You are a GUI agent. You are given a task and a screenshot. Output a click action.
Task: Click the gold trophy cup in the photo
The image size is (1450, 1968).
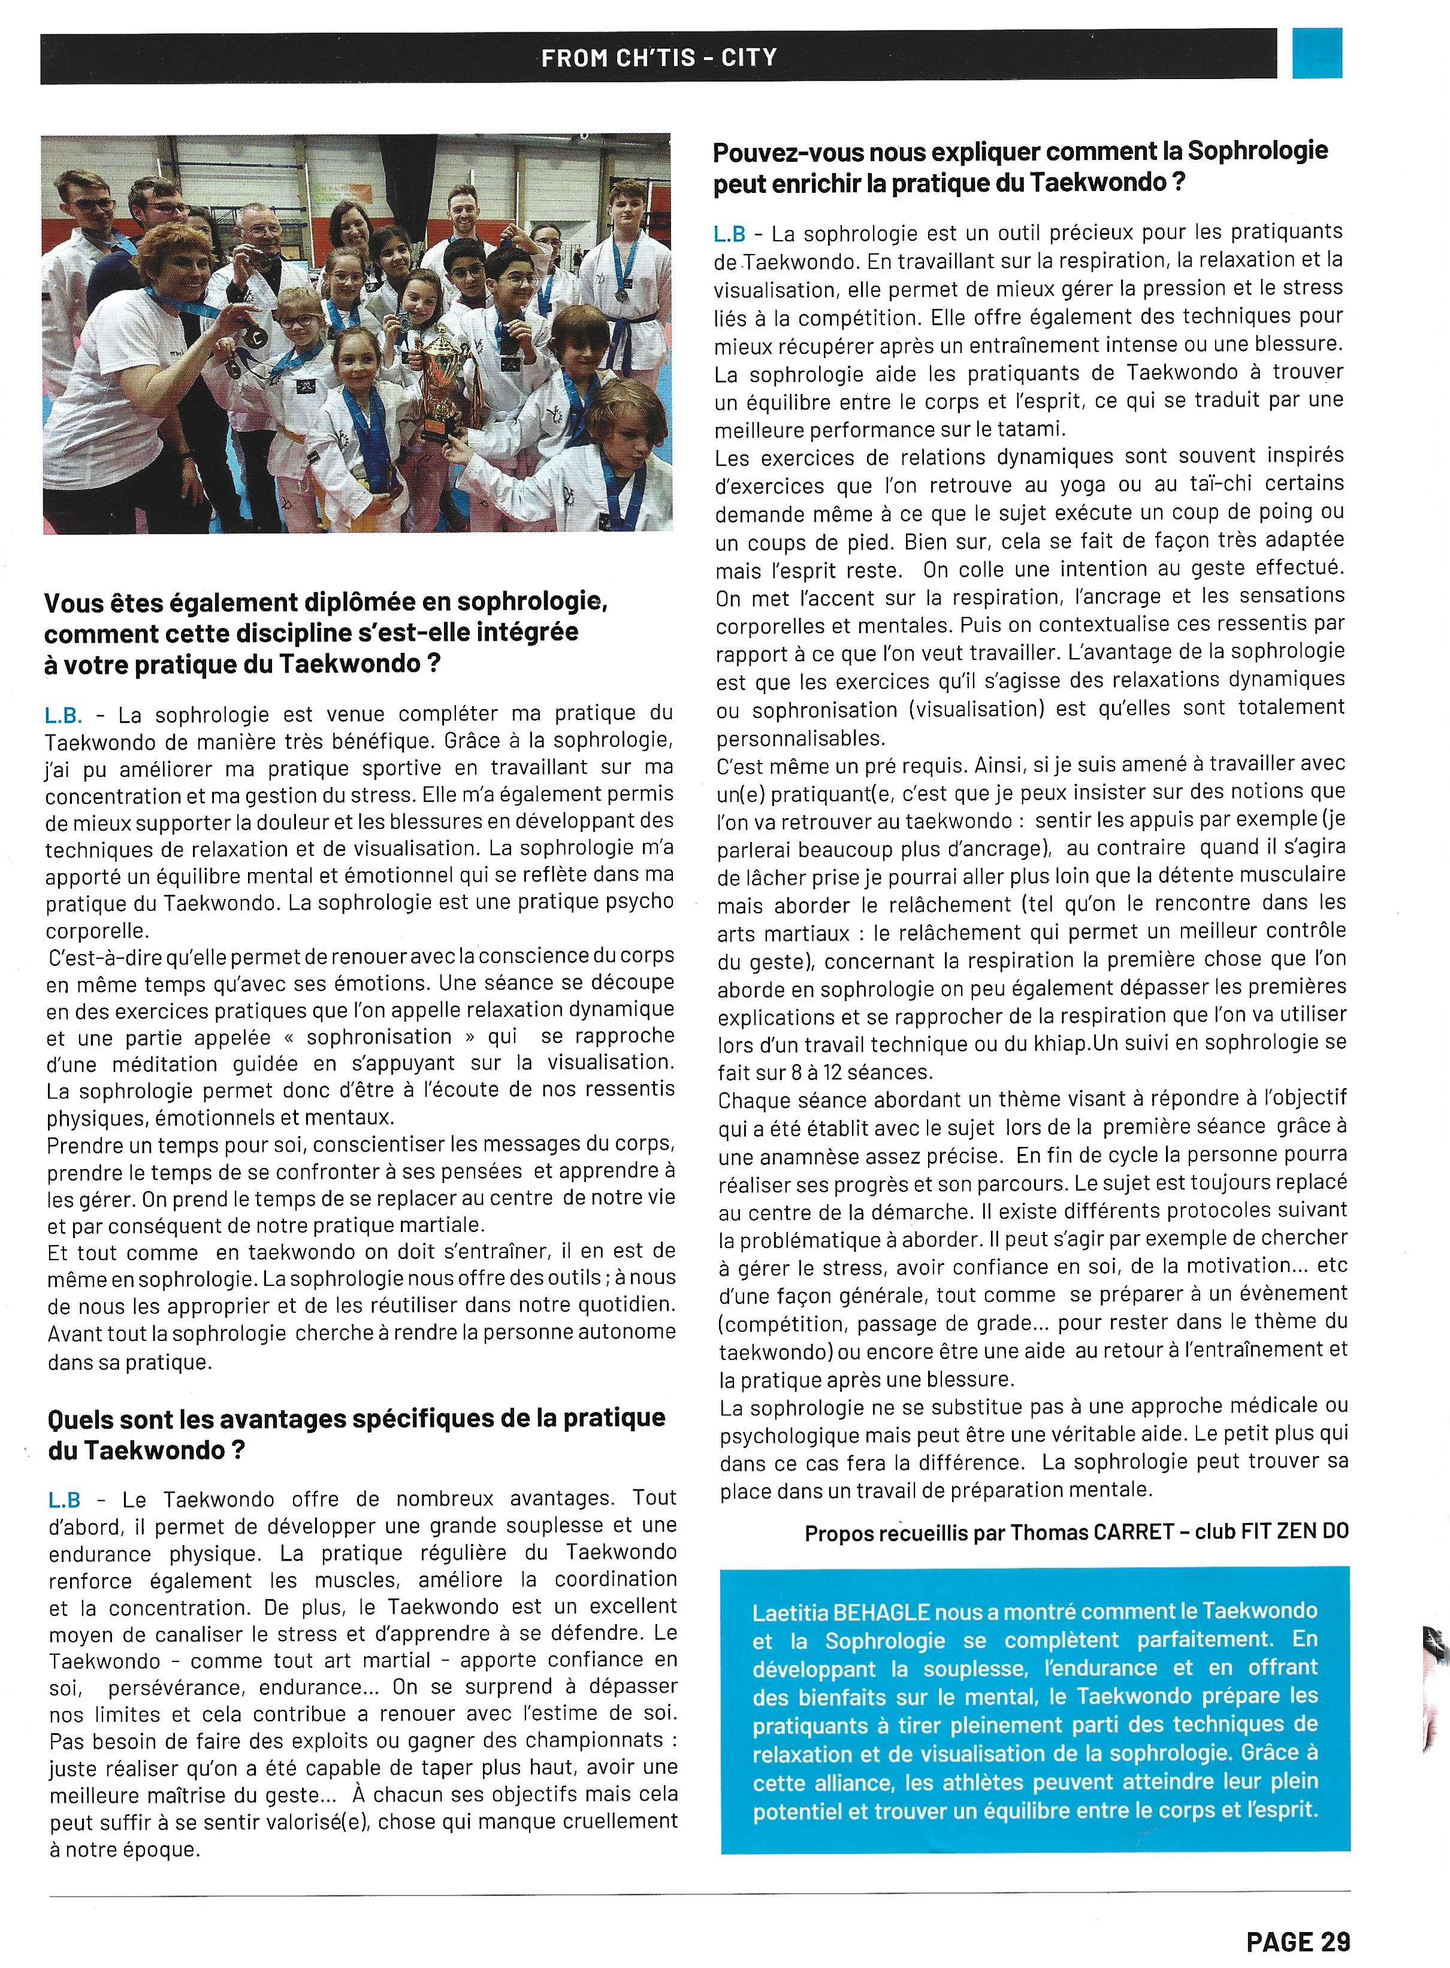pyautogui.click(x=438, y=377)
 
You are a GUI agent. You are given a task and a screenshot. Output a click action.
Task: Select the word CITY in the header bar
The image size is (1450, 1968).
pyautogui.click(x=749, y=58)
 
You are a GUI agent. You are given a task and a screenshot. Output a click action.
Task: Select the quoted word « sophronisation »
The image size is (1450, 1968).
pyautogui.click(x=379, y=1037)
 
